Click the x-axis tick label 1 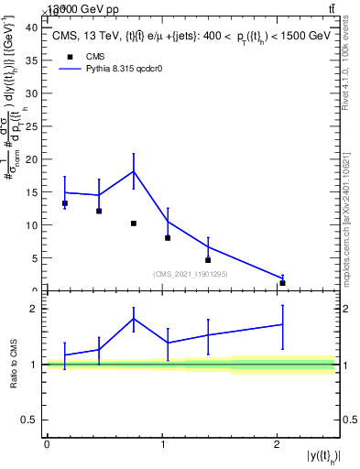click(162, 444)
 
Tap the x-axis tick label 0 click(47, 444)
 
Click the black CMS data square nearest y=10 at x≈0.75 click(134, 224)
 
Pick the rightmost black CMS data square click(282, 283)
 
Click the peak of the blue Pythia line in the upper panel click(134, 171)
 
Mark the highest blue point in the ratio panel click(134, 319)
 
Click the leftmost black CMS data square click(64, 203)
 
